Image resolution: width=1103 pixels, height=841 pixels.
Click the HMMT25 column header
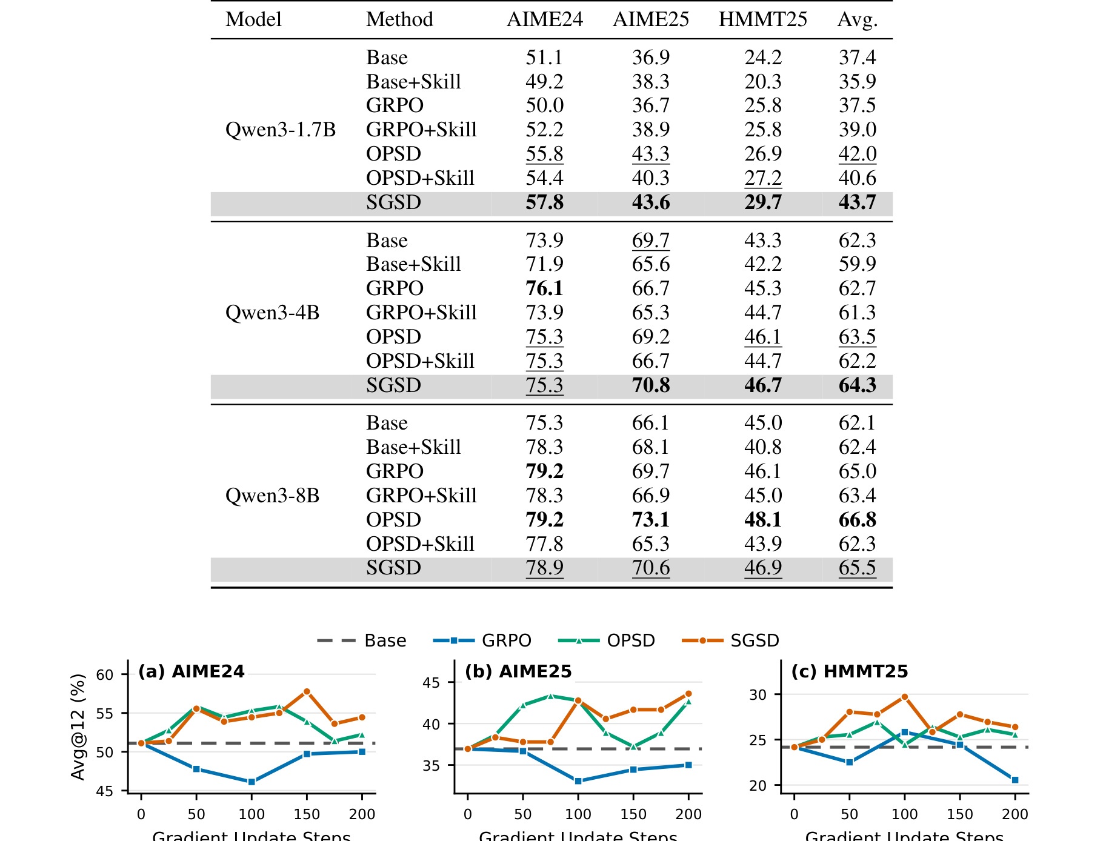point(762,19)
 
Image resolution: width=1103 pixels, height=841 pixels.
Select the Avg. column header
point(857,20)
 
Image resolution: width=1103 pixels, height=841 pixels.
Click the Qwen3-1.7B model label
point(280,130)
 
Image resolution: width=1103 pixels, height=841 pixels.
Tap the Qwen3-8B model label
point(272,496)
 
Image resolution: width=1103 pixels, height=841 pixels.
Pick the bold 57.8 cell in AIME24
point(544,202)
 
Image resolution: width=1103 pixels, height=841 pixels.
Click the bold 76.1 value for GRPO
point(544,288)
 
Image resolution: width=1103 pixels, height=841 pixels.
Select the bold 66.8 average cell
point(857,520)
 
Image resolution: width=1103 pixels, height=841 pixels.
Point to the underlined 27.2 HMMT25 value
point(763,178)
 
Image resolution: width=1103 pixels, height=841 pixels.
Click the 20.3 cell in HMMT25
point(763,82)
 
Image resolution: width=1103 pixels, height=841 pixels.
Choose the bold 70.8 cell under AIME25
point(651,385)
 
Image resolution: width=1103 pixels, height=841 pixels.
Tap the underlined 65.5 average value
point(857,568)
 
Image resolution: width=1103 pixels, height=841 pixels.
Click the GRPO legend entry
point(482,640)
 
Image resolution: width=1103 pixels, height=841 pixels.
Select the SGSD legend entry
point(730,640)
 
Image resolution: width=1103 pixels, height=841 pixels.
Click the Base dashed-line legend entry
point(361,640)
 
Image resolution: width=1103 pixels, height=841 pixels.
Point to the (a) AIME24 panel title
point(192,671)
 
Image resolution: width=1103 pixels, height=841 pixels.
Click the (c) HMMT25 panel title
point(850,671)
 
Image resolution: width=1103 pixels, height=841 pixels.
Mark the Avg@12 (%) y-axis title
point(78,727)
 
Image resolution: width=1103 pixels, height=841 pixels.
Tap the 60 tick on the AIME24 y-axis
point(105,675)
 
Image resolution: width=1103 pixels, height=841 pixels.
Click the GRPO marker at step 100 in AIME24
point(252,782)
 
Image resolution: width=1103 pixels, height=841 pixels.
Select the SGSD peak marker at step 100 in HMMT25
point(905,697)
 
